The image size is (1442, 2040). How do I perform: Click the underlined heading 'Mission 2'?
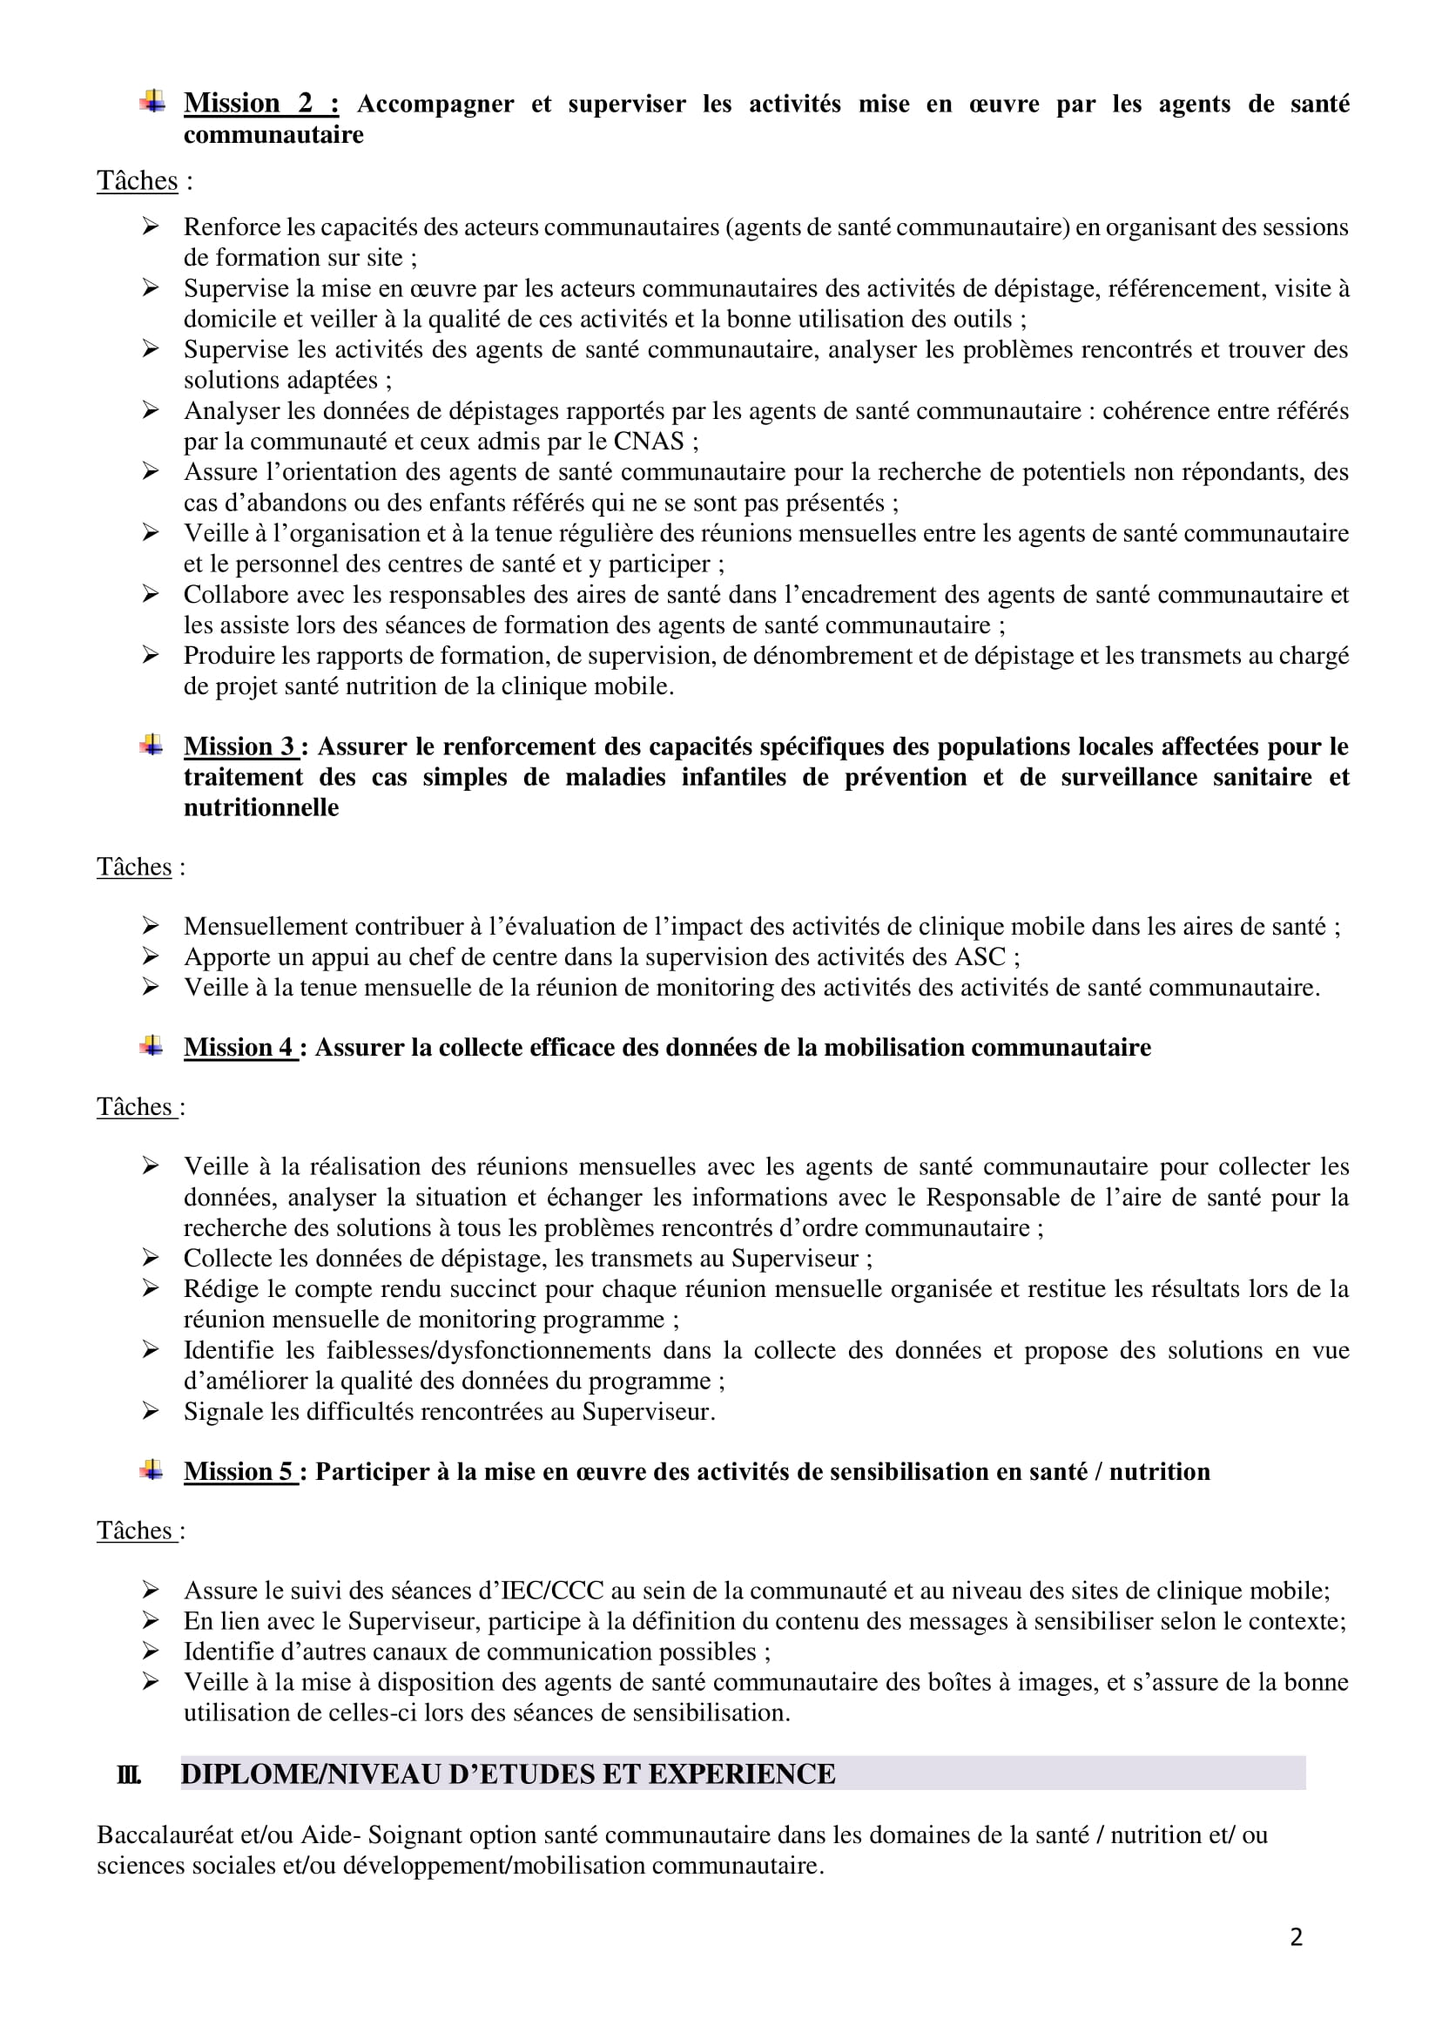tap(260, 103)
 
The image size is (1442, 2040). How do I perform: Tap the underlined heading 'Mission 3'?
tap(239, 746)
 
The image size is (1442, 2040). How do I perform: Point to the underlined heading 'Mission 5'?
tap(239, 1471)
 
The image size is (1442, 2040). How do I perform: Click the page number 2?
tap(1297, 1937)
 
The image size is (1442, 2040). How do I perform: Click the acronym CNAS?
tap(649, 442)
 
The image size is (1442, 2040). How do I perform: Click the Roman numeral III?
tap(128, 1774)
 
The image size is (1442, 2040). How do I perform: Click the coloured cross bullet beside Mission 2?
tap(152, 102)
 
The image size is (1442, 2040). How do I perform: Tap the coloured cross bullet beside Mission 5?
tap(152, 1470)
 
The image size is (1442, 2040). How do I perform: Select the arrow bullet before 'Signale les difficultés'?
tap(150, 1411)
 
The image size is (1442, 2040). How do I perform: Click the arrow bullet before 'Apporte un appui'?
tap(150, 957)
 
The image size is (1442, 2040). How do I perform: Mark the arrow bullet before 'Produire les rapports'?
tap(150, 656)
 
